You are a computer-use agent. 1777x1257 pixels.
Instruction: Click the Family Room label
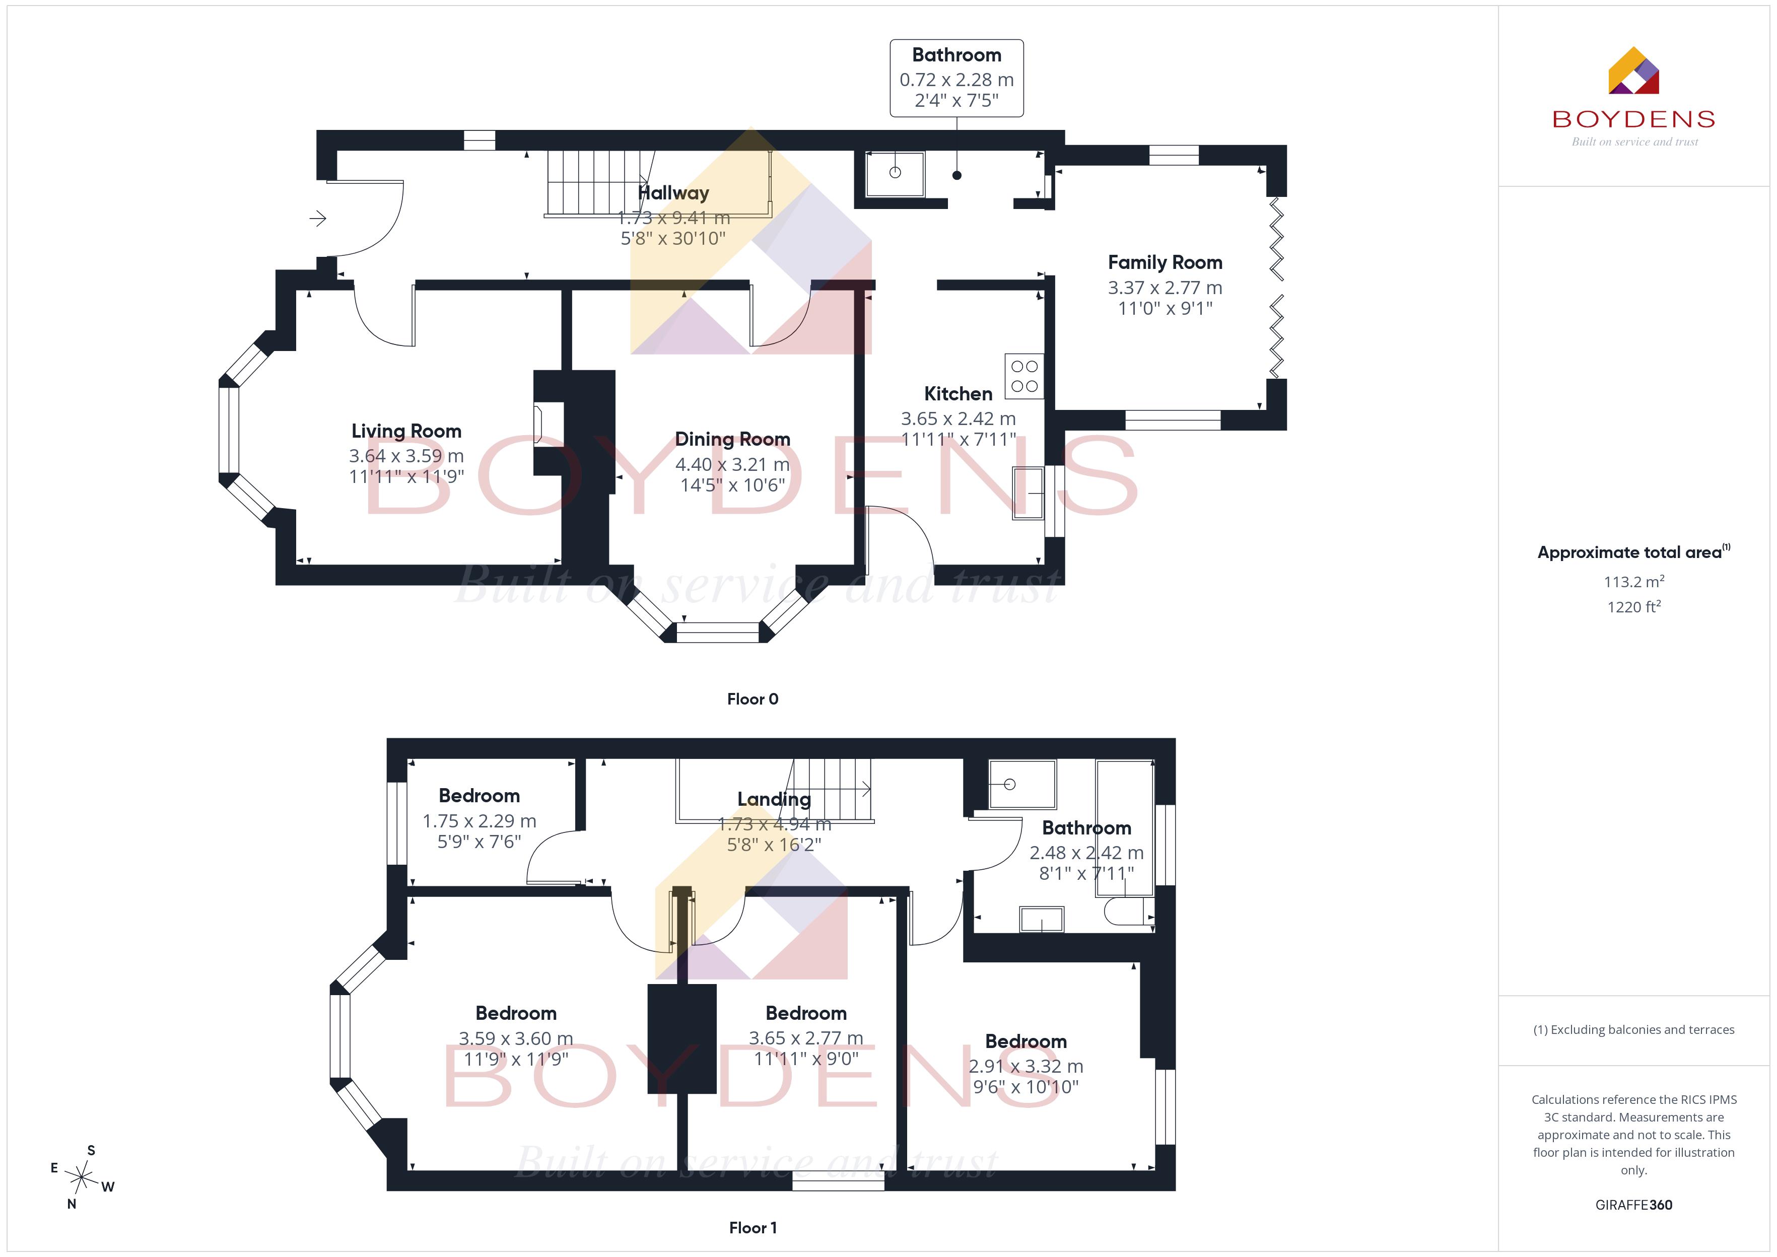coord(1165,262)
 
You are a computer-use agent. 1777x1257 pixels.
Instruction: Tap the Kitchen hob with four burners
coord(1024,376)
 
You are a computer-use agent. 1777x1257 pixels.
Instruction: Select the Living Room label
coord(406,431)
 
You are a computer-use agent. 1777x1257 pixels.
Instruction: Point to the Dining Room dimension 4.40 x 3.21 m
coord(732,464)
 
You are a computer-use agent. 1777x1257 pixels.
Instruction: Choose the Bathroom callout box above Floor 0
coord(956,78)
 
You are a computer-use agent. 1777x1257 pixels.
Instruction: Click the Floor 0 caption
coord(753,699)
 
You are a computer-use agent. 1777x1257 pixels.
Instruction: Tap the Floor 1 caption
coord(753,1228)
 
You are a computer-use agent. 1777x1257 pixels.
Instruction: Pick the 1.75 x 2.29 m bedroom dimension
coord(479,820)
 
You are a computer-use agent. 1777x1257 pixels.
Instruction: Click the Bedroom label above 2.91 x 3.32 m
coord(1026,1041)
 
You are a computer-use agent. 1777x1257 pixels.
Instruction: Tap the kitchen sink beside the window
coord(1028,492)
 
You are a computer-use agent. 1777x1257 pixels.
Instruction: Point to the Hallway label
coord(673,193)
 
